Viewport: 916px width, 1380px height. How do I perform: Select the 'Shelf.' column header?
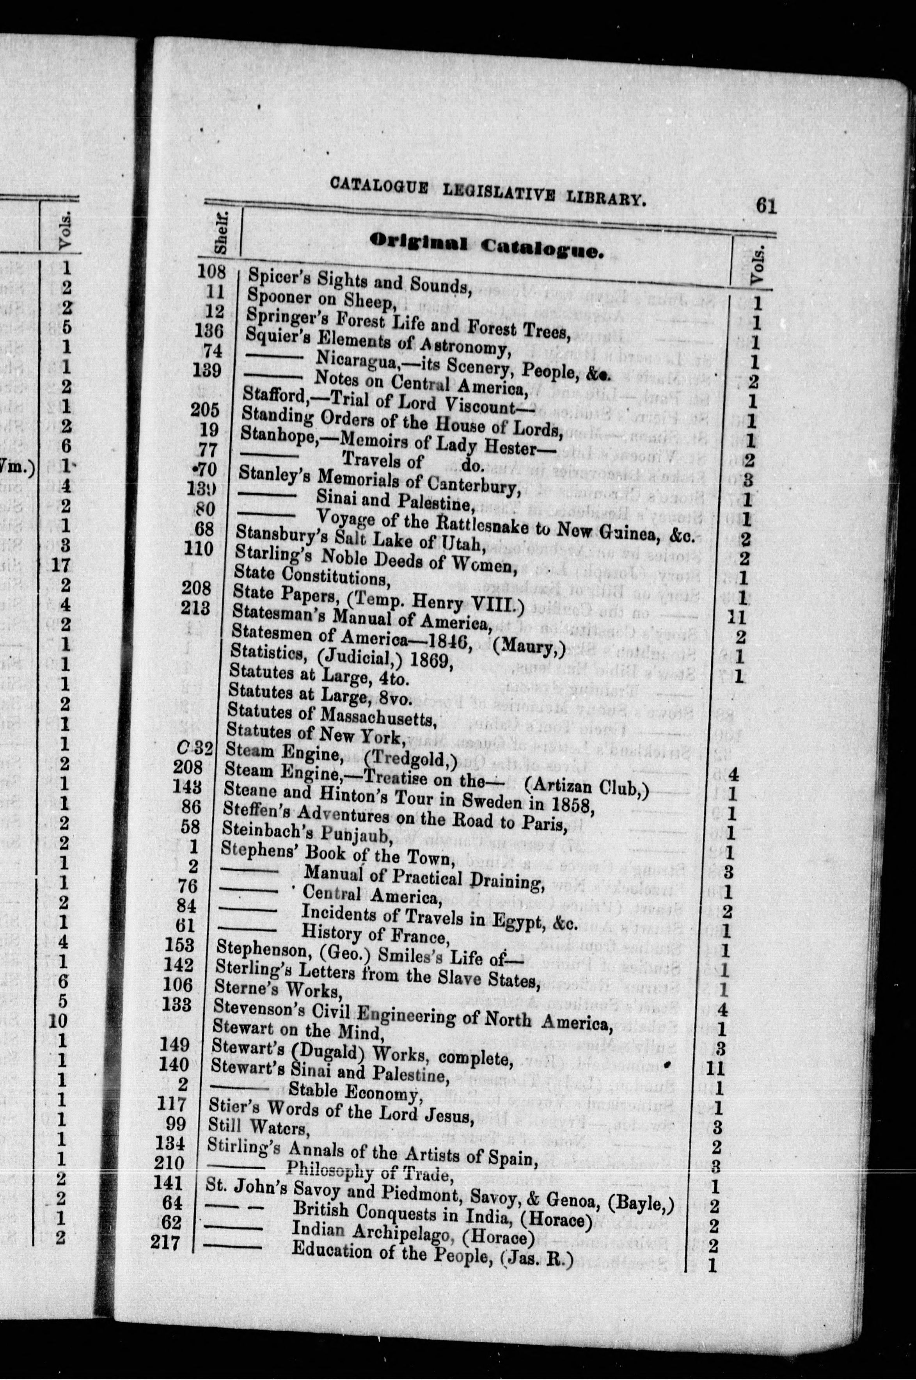click(221, 234)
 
